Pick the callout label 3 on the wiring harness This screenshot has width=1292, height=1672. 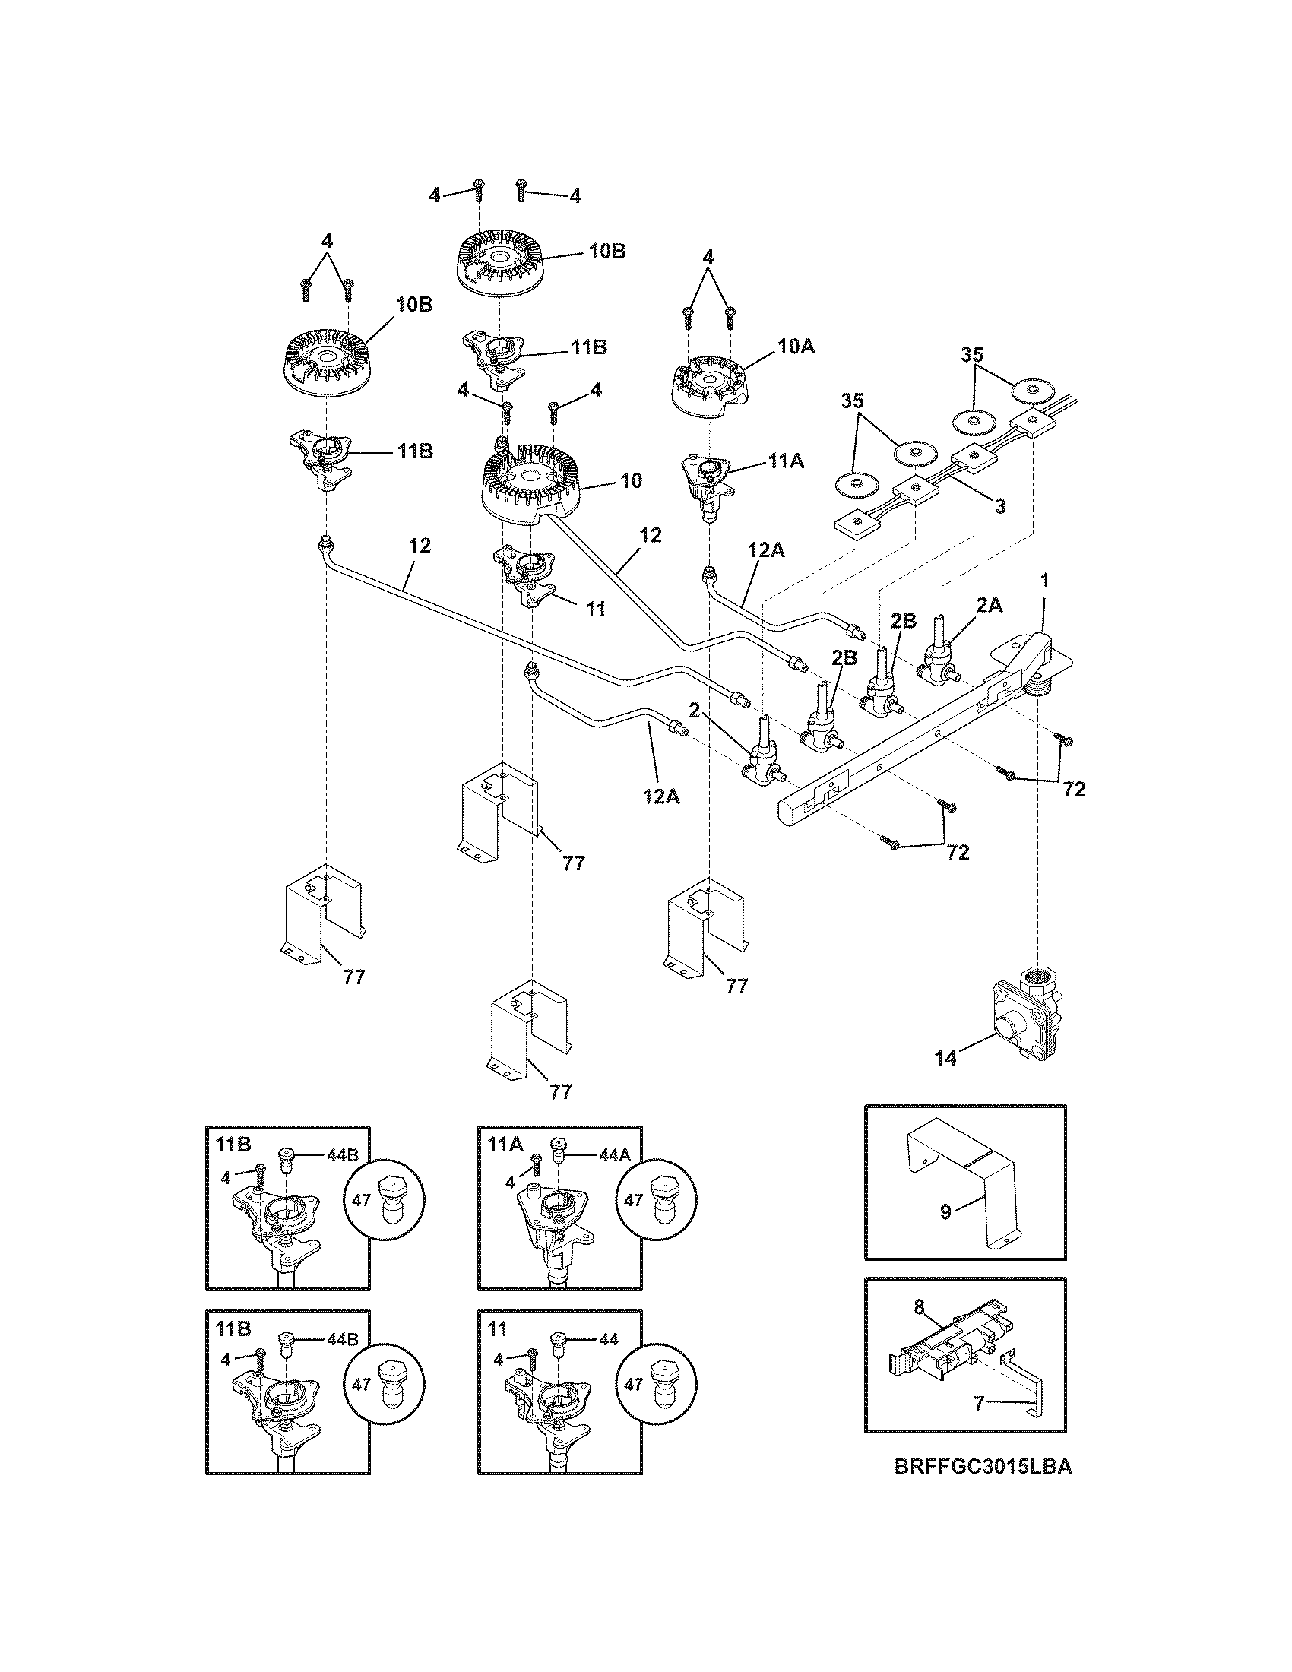(1000, 505)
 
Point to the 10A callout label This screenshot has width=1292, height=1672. (796, 346)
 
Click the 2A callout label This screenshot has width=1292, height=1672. (988, 605)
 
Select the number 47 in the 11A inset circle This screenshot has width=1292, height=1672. (633, 1199)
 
